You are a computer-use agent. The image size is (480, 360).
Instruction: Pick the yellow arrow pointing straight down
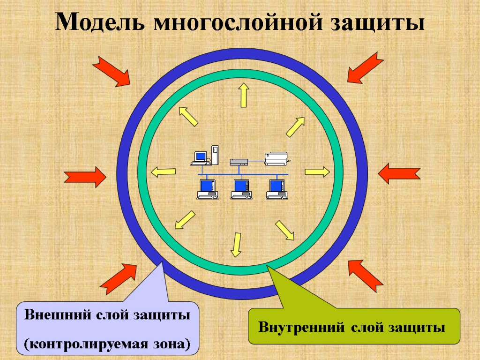tap(236, 245)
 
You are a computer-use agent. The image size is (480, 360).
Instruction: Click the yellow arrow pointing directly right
tap(317, 172)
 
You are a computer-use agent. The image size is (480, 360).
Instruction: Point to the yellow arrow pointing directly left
tap(164, 172)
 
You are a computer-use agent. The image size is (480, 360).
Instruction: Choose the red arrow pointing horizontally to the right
tap(85, 177)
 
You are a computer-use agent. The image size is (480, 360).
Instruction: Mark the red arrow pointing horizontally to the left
tap(399, 173)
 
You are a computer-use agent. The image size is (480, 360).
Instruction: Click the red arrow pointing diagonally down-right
tap(112, 71)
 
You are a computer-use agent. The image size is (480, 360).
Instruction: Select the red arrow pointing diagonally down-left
tap(365, 67)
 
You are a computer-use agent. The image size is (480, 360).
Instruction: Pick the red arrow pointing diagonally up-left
tap(366, 275)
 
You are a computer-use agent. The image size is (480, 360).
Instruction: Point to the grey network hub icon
tap(239, 162)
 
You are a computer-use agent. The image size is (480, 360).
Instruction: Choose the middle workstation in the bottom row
tap(241, 189)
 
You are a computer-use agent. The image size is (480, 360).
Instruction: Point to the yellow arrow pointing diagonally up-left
tap(188, 116)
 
